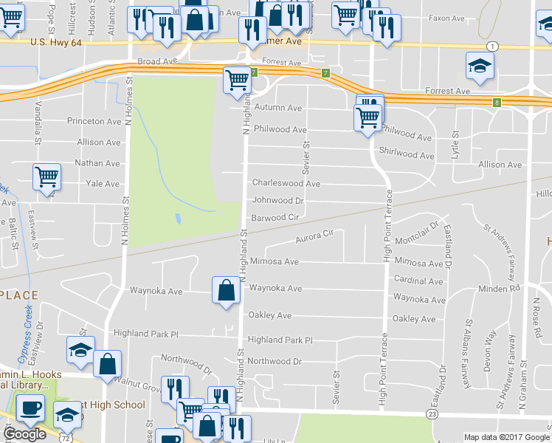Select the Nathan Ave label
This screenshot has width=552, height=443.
point(97,163)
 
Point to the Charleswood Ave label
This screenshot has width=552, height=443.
point(286,183)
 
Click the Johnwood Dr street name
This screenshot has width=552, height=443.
point(278,200)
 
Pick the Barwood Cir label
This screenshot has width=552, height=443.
point(275,218)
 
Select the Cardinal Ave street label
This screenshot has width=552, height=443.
point(418,281)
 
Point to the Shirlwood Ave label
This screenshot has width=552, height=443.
point(407,156)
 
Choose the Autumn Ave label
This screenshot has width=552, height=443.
point(278,108)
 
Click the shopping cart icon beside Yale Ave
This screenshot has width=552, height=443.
point(46,177)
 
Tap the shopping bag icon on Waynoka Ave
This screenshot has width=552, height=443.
point(226,290)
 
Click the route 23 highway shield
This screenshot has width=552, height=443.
point(432,416)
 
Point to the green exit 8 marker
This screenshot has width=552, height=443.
point(497,102)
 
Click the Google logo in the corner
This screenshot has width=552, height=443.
point(24,433)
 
